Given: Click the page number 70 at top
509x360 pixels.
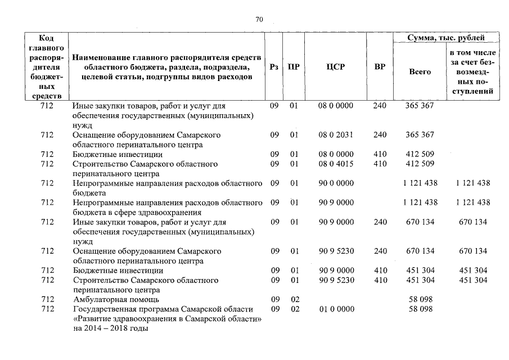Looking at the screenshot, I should [x=259, y=20].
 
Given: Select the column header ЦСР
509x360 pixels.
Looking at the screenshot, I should [x=335, y=67].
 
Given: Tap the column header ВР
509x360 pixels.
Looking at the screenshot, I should [x=380, y=67].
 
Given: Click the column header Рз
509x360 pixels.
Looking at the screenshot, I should [x=274, y=67].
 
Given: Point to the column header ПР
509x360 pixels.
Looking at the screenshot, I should [x=294, y=67].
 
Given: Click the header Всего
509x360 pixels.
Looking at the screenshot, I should [x=420, y=72].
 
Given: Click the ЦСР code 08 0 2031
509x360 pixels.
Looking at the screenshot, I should [x=335, y=135].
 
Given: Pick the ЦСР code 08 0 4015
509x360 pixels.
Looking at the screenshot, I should [x=335, y=164].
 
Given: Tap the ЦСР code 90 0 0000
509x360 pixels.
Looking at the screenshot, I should [x=335, y=183].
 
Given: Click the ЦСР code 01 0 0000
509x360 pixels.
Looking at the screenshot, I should [x=335, y=309].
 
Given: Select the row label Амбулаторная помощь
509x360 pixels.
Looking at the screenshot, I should [x=116, y=299].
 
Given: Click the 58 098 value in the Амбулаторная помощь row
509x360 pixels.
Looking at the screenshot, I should [x=420, y=299].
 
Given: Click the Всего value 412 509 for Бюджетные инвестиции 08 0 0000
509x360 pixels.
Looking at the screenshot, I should [x=420, y=154].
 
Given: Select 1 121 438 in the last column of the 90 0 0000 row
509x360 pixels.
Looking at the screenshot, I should [x=470, y=183].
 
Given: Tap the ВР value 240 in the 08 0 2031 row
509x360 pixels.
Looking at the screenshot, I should [x=380, y=135].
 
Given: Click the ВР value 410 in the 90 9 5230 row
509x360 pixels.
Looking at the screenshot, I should [x=380, y=280].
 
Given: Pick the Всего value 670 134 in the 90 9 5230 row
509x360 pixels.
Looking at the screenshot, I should [x=420, y=251].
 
